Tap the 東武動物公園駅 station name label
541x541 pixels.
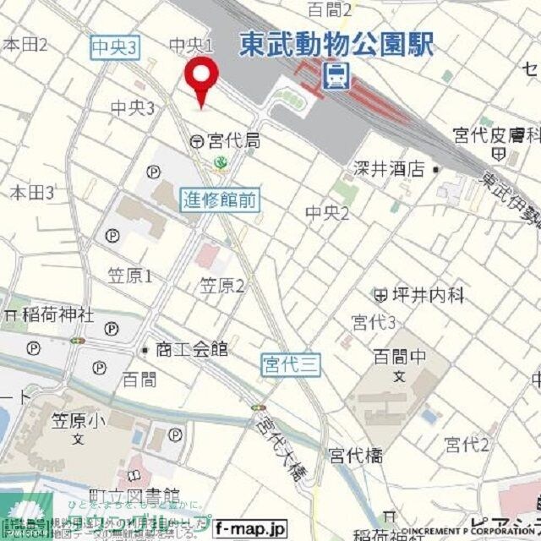[336, 45]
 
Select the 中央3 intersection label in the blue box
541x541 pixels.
[114, 49]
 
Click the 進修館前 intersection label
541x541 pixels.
[221, 200]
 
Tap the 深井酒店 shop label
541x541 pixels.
[389, 169]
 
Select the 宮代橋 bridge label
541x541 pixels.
[355, 456]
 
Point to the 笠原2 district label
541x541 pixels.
[221, 286]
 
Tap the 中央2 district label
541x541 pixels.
[327, 213]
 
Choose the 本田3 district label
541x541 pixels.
[32, 193]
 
